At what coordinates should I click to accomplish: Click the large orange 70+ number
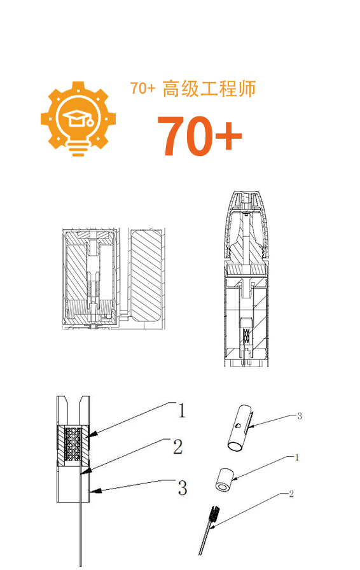point(200,136)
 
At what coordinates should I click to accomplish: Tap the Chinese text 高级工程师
point(209,89)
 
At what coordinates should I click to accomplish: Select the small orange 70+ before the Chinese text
point(143,88)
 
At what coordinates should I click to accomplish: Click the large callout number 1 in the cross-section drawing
point(181,410)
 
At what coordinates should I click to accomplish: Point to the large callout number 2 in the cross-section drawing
point(178,447)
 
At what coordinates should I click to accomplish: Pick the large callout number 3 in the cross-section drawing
point(182,487)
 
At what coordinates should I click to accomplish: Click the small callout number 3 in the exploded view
point(300,416)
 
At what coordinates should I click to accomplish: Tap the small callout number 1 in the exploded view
point(297,457)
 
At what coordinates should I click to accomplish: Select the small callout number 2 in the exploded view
point(291,494)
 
